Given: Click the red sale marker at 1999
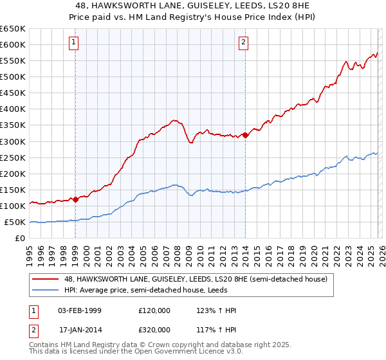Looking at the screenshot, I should point(75,199).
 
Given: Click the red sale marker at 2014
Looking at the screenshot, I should point(245,135).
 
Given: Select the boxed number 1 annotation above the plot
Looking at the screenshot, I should point(75,43).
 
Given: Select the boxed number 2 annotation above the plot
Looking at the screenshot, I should point(244,43).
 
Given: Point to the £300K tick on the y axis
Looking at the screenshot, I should point(13,141).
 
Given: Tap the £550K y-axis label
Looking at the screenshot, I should point(13,61).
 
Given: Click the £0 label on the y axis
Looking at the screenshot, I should point(21,239).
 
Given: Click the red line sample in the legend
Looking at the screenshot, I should point(46,279).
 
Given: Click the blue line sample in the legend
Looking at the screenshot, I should point(46,291).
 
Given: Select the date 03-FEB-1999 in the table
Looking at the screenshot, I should point(80,310).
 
